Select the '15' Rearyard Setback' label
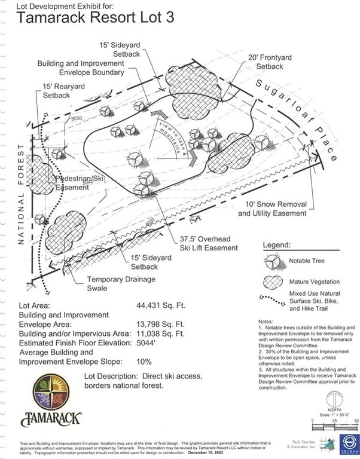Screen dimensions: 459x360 (x=63, y=91)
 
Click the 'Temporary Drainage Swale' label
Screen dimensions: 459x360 (x=121, y=283)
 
